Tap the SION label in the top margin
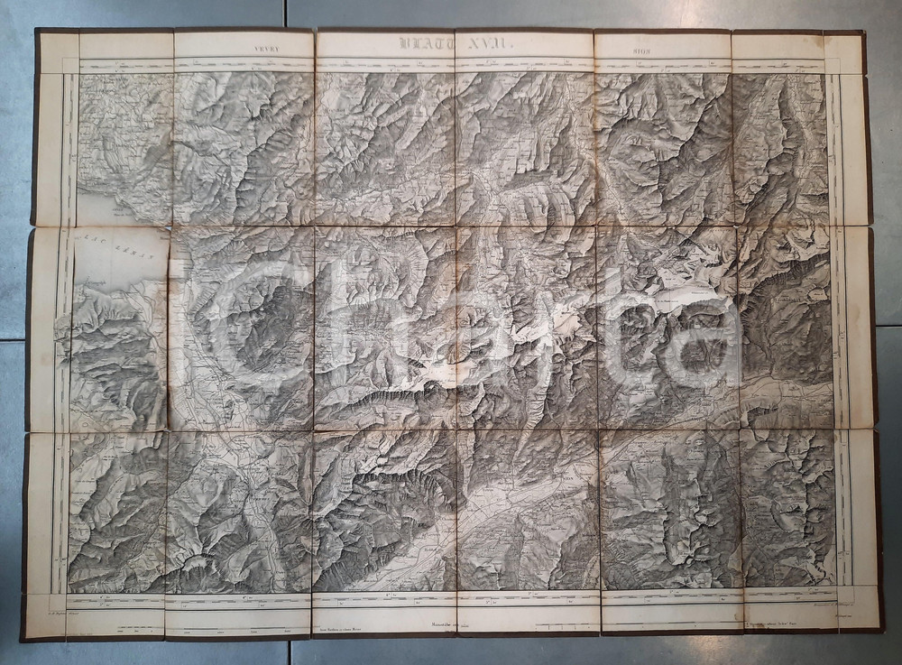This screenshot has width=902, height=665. point(663,42)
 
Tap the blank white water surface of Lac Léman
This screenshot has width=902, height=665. point(117,266)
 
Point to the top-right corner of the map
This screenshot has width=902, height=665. point(863,32)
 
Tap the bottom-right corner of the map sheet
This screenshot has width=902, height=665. point(881,630)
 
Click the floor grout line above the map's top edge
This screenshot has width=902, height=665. point(289,14)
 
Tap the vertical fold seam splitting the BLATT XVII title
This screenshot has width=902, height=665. point(456,42)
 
